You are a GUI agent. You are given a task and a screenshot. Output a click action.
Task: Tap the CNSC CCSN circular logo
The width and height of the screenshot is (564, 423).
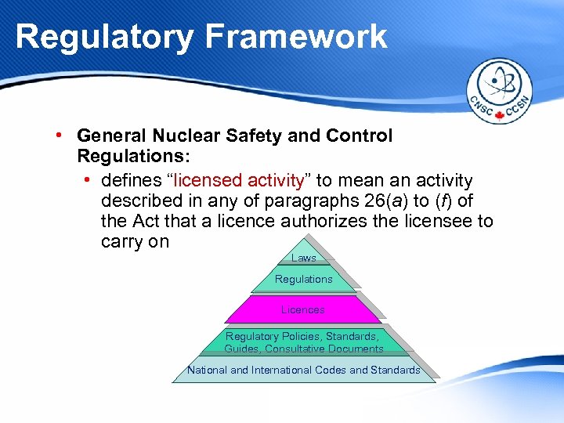[x=499, y=93]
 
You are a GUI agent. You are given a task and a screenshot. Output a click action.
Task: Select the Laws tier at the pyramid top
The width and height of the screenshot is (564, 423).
[x=303, y=258]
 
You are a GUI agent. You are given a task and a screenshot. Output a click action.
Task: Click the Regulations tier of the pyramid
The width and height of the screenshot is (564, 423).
[x=303, y=279]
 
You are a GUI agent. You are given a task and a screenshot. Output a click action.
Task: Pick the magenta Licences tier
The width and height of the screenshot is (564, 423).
[x=303, y=309]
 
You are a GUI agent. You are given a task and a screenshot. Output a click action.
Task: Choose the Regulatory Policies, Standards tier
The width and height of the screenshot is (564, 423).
[x=303, y=342]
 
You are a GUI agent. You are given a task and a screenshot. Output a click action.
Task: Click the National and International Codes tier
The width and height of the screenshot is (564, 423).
[x=303, y=370]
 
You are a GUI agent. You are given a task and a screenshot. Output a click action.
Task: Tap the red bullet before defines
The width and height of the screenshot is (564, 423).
[x=88, y=181]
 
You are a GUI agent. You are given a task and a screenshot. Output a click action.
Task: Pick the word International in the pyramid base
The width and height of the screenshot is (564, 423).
[x=298, y=370]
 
